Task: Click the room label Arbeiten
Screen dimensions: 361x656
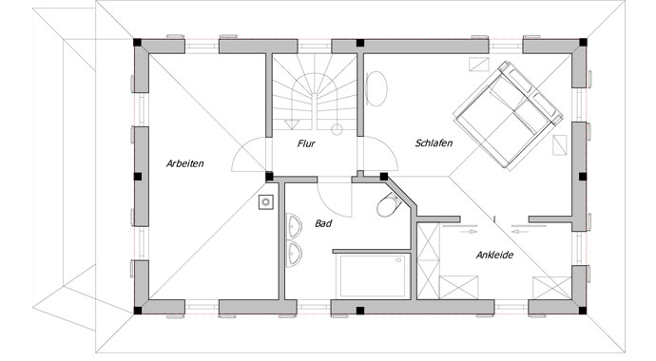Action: [x=184, y=163]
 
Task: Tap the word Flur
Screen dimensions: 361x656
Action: [x=306, y=144]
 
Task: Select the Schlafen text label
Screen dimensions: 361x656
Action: [x=433, y=143]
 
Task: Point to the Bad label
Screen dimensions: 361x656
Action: [x=324, y=224]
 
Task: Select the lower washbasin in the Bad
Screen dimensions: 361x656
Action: [x=293, y=254]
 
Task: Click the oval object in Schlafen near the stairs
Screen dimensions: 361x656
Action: [x=376, y=90]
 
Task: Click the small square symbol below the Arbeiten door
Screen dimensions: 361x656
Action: [x=265, y=201]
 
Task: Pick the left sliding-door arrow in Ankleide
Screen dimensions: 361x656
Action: [x=468, y=230]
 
